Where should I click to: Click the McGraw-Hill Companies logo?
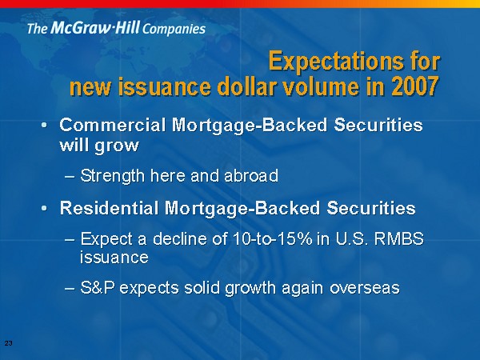pos(116,28)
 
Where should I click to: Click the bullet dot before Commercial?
pos(44,126)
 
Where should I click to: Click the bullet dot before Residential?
pos(44,208)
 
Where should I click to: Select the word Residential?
pos(109,208)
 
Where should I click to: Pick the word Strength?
pos(112,176)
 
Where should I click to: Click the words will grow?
pos(99,145)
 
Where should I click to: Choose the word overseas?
pos(365,288)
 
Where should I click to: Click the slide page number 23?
pos(9,343)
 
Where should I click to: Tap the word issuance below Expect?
pos(114,257)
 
